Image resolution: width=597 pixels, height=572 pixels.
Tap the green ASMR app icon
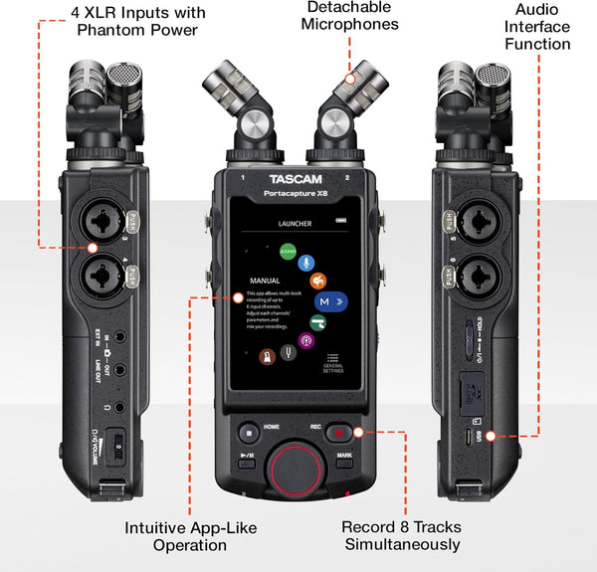click(288, 252)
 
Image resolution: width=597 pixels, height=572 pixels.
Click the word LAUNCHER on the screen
click(296, 224)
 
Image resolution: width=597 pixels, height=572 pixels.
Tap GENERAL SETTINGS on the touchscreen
click(332, 366)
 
